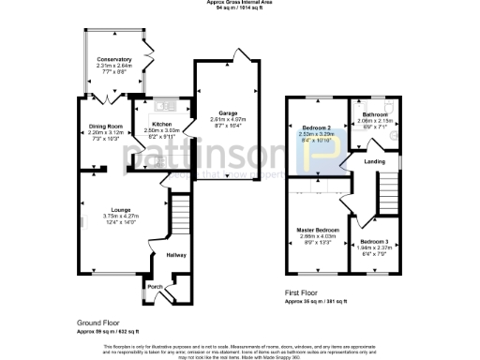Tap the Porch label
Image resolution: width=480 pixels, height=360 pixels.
pyautogui.click(x=155, y=287)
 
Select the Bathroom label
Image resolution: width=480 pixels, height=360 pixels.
pyautogui.click(x=375, y=114)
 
